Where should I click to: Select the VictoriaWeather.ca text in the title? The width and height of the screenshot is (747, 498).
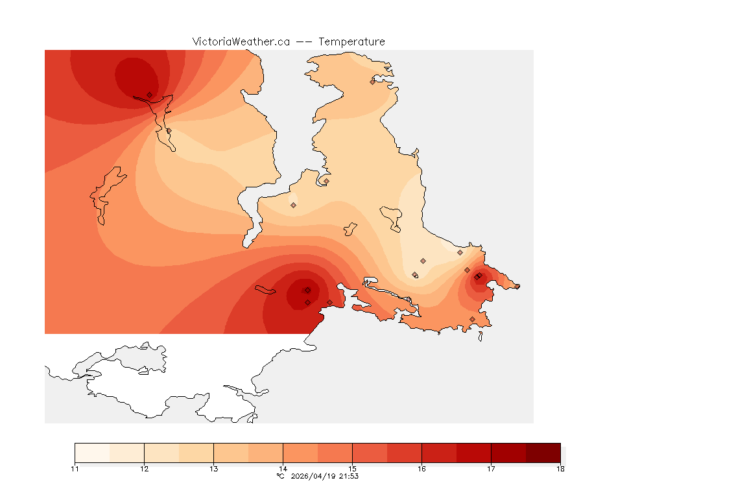click(x=241, y=41)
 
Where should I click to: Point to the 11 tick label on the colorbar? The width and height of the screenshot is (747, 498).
click(x=75, y=468)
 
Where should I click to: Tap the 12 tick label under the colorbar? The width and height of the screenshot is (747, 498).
click(x=144, y=468)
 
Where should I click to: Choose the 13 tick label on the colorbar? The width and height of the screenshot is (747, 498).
click(x=213, y=468)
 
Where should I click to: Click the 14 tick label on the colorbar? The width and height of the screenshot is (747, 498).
click(x=283, y=468)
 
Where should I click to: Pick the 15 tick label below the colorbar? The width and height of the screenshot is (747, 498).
click(x=352, y=468)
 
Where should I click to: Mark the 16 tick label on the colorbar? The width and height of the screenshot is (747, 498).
click(x=421, y=468)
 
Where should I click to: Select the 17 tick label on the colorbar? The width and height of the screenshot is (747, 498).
click(x=491, y=468)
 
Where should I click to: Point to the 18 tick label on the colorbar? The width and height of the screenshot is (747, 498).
click(x=560, y=468)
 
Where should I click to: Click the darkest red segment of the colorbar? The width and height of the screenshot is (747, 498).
click(x=543, y=453)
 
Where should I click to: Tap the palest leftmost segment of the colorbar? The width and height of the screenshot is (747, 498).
click(x=92, y=453)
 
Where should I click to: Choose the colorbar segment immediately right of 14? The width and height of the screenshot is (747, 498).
click(x=300, y=453)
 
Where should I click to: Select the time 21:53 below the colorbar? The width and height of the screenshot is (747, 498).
click(x=350, y=476)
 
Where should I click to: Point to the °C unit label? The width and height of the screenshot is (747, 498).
click(x=280, y=476)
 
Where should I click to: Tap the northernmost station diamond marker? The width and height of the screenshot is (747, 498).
click(x=373, y=82)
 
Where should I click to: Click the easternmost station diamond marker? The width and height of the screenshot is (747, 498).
click(x=517, y=286)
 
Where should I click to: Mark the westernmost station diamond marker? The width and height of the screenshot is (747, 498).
click(x=150, y=95)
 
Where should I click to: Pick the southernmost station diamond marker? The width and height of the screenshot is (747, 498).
click(x=472, y=319)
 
